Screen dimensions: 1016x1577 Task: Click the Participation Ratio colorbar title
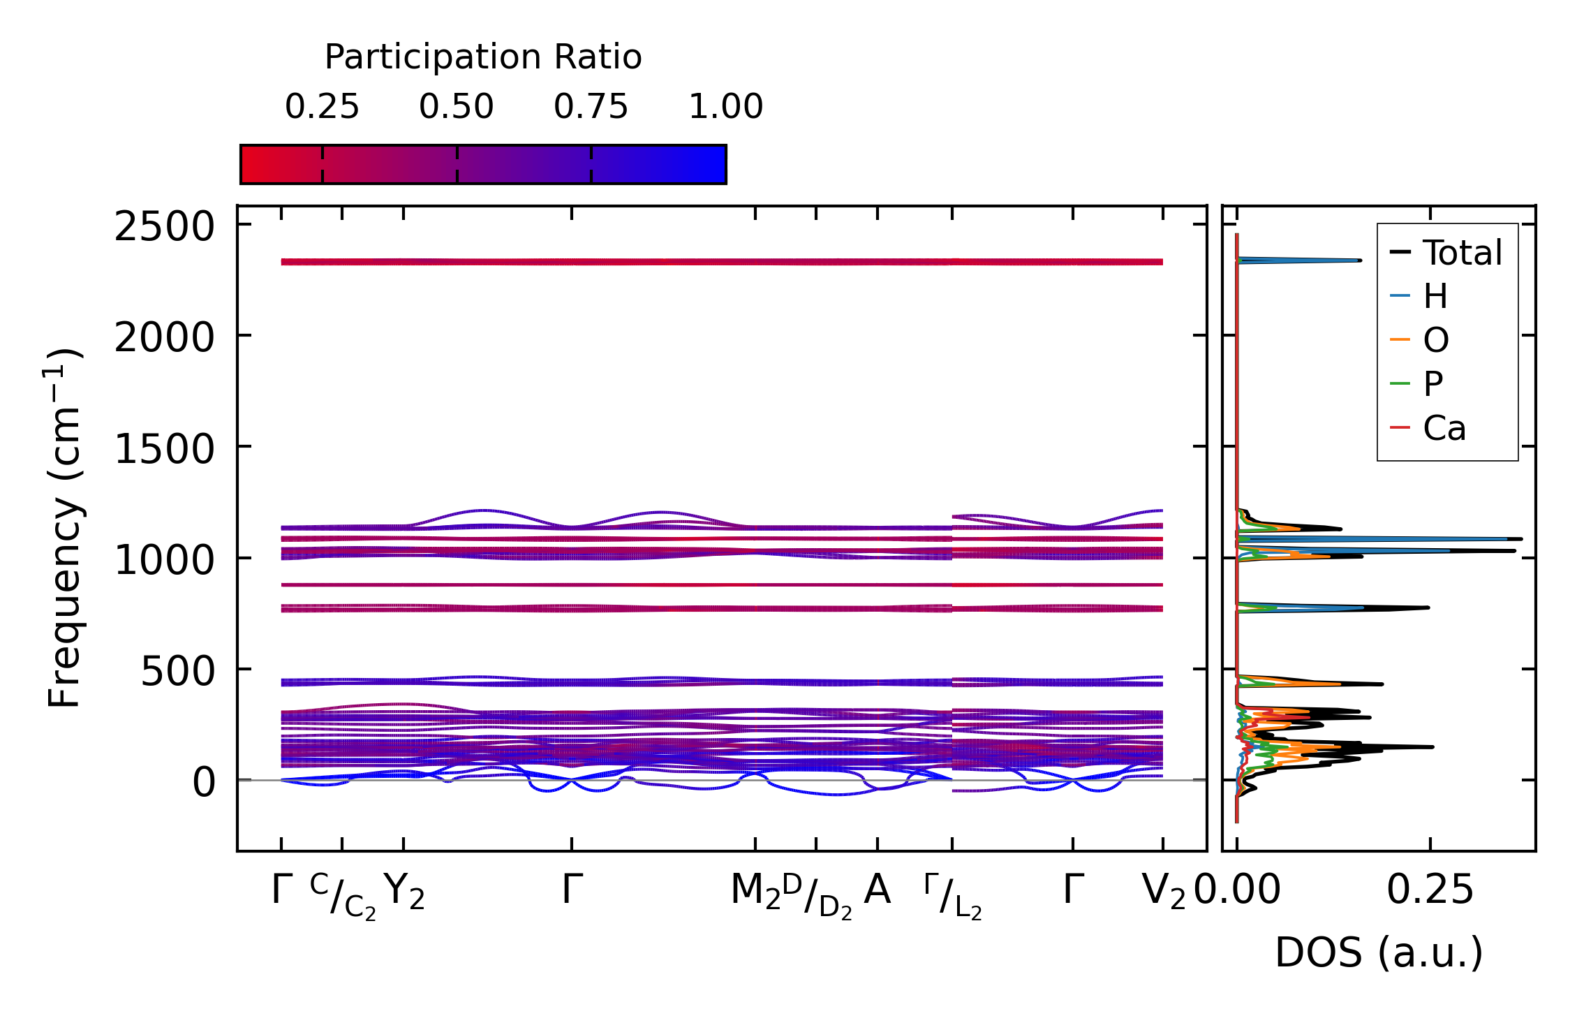(x=483, y=57)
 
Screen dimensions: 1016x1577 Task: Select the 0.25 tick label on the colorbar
(x=322, y=107)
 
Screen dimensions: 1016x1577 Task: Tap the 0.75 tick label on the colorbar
(x=591, y=107)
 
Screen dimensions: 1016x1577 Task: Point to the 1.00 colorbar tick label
(x=725, y=107)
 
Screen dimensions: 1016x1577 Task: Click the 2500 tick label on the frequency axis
(x=164, y=227)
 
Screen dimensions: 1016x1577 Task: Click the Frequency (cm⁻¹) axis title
(x=65, y=528)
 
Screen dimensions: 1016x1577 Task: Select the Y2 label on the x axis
(x=404, y=892)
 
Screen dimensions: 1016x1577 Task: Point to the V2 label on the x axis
(x=1163, y=892)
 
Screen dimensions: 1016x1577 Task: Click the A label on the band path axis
(x=877, y=890)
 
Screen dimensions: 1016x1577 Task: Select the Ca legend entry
(x=1444, y=428)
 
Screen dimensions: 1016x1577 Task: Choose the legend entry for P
(x=1433, y=384)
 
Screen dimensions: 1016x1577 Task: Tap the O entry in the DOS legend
(x=1436, y=340)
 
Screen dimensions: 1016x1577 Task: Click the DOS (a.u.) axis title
(x=1379, y=953)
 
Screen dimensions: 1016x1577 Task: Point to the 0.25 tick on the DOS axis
(x=1430, y=891)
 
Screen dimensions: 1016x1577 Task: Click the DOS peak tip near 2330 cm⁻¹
(x=1360, y=260)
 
